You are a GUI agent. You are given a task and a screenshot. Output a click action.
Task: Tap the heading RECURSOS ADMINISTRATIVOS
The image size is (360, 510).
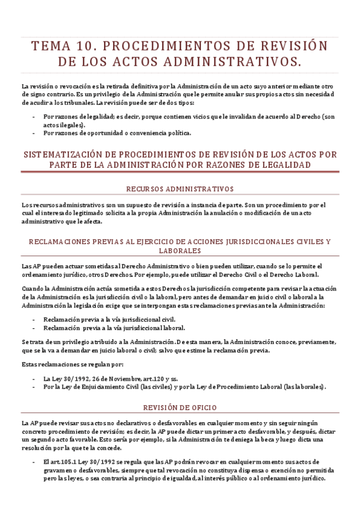[x=180, y=188]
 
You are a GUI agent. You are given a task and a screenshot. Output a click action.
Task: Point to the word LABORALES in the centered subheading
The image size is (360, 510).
[x=180, y=250]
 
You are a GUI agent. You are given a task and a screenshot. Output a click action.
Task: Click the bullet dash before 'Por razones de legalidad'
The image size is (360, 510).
[x=34, y=116]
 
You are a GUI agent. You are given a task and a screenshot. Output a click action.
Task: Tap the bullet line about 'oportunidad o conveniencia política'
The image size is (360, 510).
[x=117, y=133]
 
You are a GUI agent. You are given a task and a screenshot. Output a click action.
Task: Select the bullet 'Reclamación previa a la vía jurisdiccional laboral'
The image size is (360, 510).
[x=112, y=328]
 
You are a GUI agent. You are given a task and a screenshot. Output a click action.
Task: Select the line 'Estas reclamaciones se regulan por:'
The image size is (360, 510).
[x=72, y=364]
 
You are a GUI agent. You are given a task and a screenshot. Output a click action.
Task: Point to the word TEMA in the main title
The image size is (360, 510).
[x=48, y=47]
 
